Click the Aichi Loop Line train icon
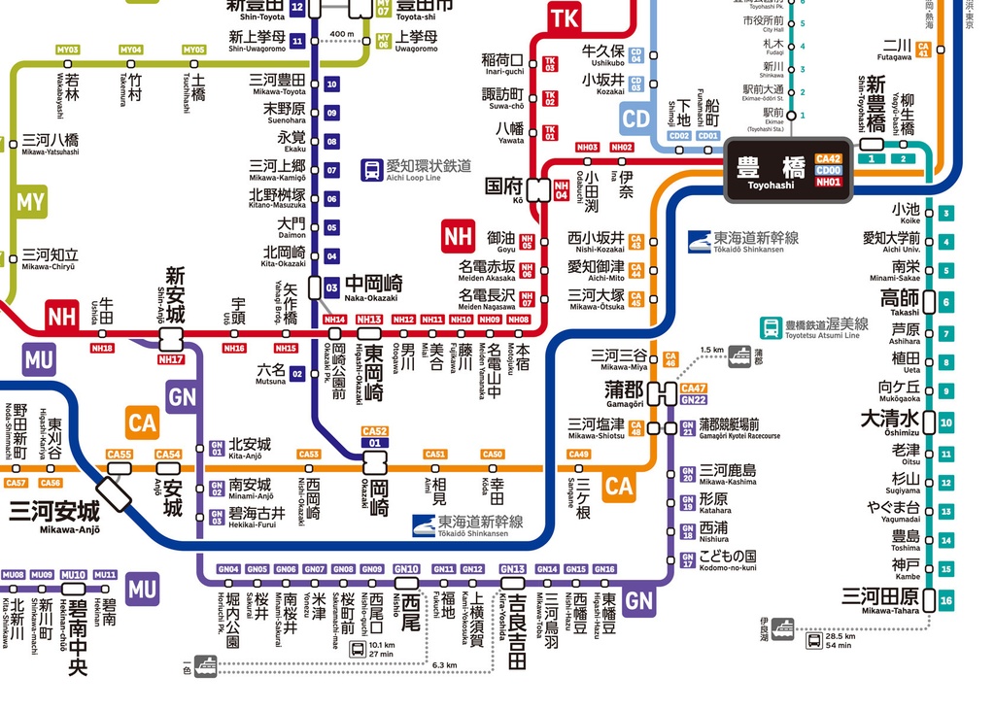[x=371, y=170]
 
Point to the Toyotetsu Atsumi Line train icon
[x=771, y=327]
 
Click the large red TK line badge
[x=564, y=17]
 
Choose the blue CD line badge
[x=635, y=118]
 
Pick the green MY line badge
[x=30, y=203]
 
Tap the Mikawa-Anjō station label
[x=55, y=514]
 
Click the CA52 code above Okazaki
[x=374, y=431]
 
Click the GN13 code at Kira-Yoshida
[x=512, y=569]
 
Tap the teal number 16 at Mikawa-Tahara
[x=946, y=601]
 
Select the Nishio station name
[x=409, y=608]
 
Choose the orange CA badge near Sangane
[x=619, y=485]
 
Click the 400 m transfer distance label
[x=343, y=35]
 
